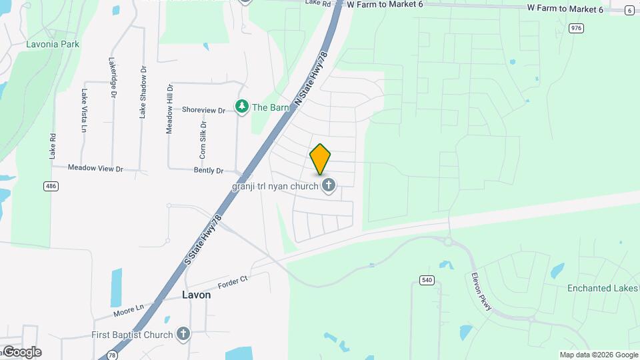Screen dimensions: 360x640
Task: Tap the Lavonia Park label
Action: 53,44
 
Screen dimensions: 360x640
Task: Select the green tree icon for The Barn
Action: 241,107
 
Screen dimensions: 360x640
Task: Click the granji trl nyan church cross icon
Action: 328,185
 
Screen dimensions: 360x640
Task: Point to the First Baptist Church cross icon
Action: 184,334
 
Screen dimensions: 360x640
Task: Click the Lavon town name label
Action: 196,295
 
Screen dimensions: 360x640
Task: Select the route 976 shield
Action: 576,28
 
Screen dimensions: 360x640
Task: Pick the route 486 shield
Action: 51,186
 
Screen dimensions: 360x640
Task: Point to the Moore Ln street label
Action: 129,309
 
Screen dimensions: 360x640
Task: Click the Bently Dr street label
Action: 208,171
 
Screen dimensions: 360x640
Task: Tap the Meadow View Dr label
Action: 95,169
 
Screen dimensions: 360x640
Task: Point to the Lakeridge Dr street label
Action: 113,78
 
